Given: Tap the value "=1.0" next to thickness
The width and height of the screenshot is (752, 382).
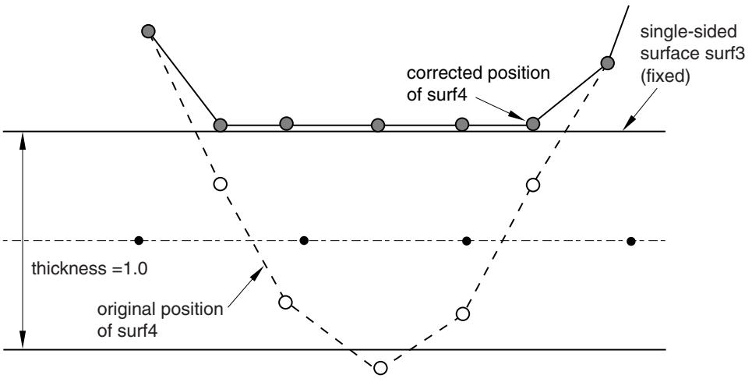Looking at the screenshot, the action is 129,269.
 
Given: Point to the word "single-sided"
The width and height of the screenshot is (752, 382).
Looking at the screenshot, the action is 688,32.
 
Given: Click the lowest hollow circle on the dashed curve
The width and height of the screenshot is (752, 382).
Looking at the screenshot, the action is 380,368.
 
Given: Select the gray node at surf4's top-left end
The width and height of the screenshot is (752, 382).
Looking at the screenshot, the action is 148,31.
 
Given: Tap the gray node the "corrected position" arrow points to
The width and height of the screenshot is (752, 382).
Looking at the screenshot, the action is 533,124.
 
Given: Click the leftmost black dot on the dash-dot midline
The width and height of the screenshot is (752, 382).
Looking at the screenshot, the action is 139,240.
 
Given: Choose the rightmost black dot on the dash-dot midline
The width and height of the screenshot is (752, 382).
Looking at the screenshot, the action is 631,242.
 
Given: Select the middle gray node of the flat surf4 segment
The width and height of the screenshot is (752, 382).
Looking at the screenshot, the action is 378,126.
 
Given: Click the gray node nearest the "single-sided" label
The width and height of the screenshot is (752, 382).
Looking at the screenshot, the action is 607,63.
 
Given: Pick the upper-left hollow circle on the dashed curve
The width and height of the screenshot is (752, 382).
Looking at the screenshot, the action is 220,184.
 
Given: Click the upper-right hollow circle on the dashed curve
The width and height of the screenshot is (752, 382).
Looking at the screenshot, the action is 532,184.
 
